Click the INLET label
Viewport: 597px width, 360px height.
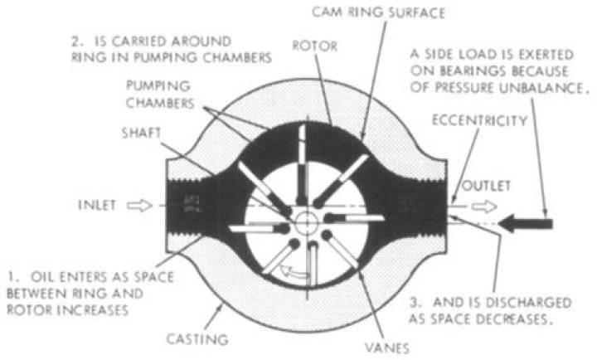tap(97, 206)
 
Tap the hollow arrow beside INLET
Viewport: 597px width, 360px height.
tap(139, 206)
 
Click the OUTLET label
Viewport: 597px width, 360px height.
tap(486, 186)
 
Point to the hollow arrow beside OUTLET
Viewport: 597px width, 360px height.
tap(484, 207)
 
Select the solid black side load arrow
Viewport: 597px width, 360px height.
tap(526, 224)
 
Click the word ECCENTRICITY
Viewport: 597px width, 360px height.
tap(479, 121)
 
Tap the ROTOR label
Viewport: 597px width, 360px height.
tap(314, 46)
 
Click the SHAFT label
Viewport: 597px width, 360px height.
tap(142, 134)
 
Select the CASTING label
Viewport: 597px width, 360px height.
tap(197, 338)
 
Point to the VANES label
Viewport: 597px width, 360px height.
tap(387, 348)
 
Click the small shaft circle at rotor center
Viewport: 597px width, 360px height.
tap(306, 223)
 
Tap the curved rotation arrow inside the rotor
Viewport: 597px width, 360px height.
tap(294, 272)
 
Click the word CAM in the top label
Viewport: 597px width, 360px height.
tap(327, 12)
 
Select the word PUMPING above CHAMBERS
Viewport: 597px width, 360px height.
tap(158, 86)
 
